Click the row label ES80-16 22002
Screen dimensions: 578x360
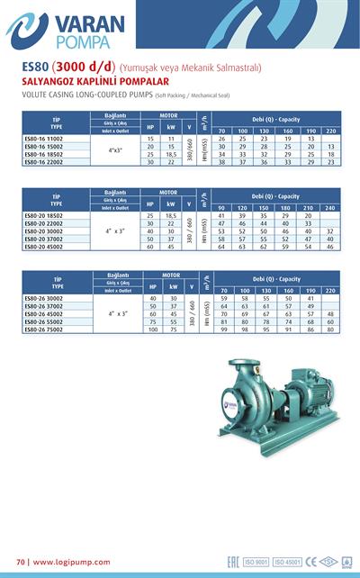click(x=45, y=162)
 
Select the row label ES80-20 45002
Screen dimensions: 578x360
click(x=45, y=246)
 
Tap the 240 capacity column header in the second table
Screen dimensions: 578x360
click(x=330, y=209)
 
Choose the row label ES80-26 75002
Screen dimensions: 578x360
click(x=45, y=330)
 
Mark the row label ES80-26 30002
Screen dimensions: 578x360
click(x=45, y=298)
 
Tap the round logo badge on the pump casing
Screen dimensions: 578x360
click(x=236, y=384)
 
